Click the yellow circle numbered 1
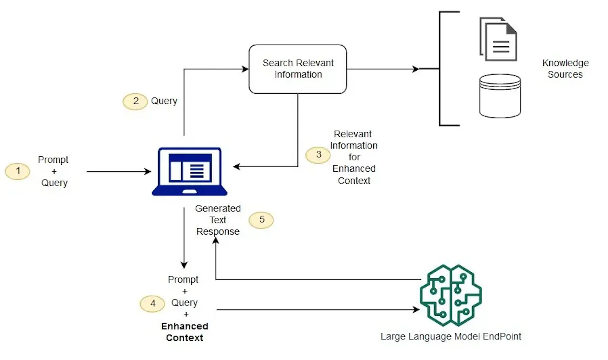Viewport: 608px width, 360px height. click(x=18, y=171)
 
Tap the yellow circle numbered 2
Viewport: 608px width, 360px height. click(x=135, y=101)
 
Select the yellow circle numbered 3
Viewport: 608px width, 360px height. click(x=318, y=155)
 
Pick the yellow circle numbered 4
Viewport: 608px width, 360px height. click(x=152, y=304)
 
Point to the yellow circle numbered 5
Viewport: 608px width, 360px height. click(x=261, y=220)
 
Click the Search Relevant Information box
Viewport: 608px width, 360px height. click(x=298, y=69)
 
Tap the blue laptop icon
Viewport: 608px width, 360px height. click(x=190, y=172)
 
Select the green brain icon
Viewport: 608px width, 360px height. click(x=451, y=295)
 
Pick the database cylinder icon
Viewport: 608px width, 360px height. click(x=500, y=96)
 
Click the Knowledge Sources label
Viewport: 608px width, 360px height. click(x=565, y=69)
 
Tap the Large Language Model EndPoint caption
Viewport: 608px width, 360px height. click(x=451, y=336)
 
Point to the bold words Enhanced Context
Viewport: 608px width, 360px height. click(x=185, y=332)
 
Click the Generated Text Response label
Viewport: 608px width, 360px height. click(x=218, y=220)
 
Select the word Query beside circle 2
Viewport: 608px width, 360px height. click(x=164, y=101)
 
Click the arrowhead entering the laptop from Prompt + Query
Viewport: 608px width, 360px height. click(x=148, y=172)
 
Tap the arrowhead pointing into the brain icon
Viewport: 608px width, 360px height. click(x=416, y=310)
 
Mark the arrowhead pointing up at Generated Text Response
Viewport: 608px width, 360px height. click(x=216, y=241)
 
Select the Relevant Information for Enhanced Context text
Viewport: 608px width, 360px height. click(x=354, y=157)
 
